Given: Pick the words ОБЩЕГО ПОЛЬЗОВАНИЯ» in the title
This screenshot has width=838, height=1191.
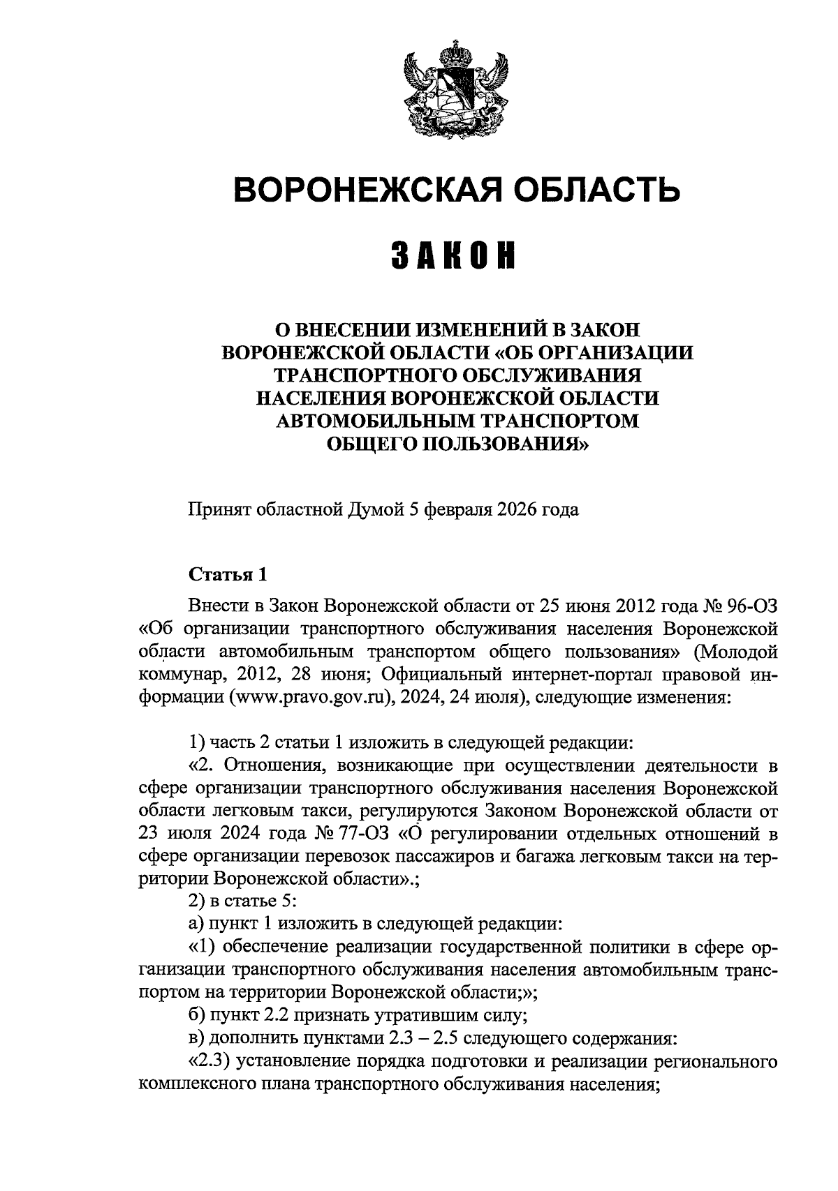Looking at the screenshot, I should tap(457, 442).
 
